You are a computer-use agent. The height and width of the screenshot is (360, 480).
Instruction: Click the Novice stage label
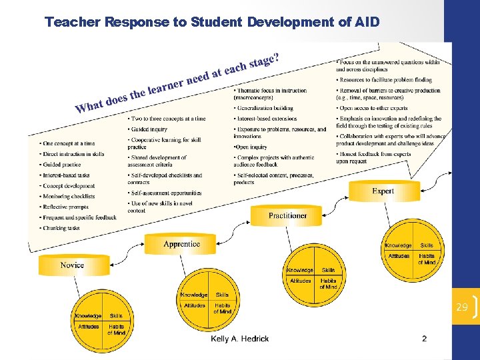tap(72, 265)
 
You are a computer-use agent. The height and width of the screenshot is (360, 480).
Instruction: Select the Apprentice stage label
tap(181, 244)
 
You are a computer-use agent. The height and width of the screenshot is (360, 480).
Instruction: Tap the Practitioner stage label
tap(287, 215)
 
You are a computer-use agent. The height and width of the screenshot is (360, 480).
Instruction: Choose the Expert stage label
tap(383, 191)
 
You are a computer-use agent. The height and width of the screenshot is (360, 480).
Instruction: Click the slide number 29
tap(462, 307)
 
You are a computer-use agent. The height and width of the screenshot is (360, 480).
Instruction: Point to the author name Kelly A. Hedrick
tap(240, 339)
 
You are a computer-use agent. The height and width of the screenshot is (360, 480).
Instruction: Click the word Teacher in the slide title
tap(71, 22)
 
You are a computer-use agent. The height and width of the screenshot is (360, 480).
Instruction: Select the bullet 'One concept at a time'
tap(69, 143)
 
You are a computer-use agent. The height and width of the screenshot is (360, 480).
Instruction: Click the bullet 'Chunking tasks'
tap(61, 228)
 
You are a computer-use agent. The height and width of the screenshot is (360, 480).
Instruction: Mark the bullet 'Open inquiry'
tap(251, 147)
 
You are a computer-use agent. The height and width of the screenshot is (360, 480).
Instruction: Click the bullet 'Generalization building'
tap(265, 108)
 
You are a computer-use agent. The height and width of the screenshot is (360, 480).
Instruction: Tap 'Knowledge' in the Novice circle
tap(88, 316)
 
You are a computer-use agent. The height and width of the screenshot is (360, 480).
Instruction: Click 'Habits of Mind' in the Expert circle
tap(427, 259)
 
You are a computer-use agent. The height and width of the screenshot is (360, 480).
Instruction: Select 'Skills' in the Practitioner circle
tap(328, 270)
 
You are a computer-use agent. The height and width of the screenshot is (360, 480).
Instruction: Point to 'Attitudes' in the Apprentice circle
tap(195, 305)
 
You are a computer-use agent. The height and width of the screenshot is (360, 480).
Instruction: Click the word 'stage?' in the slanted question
tap(264, 61)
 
